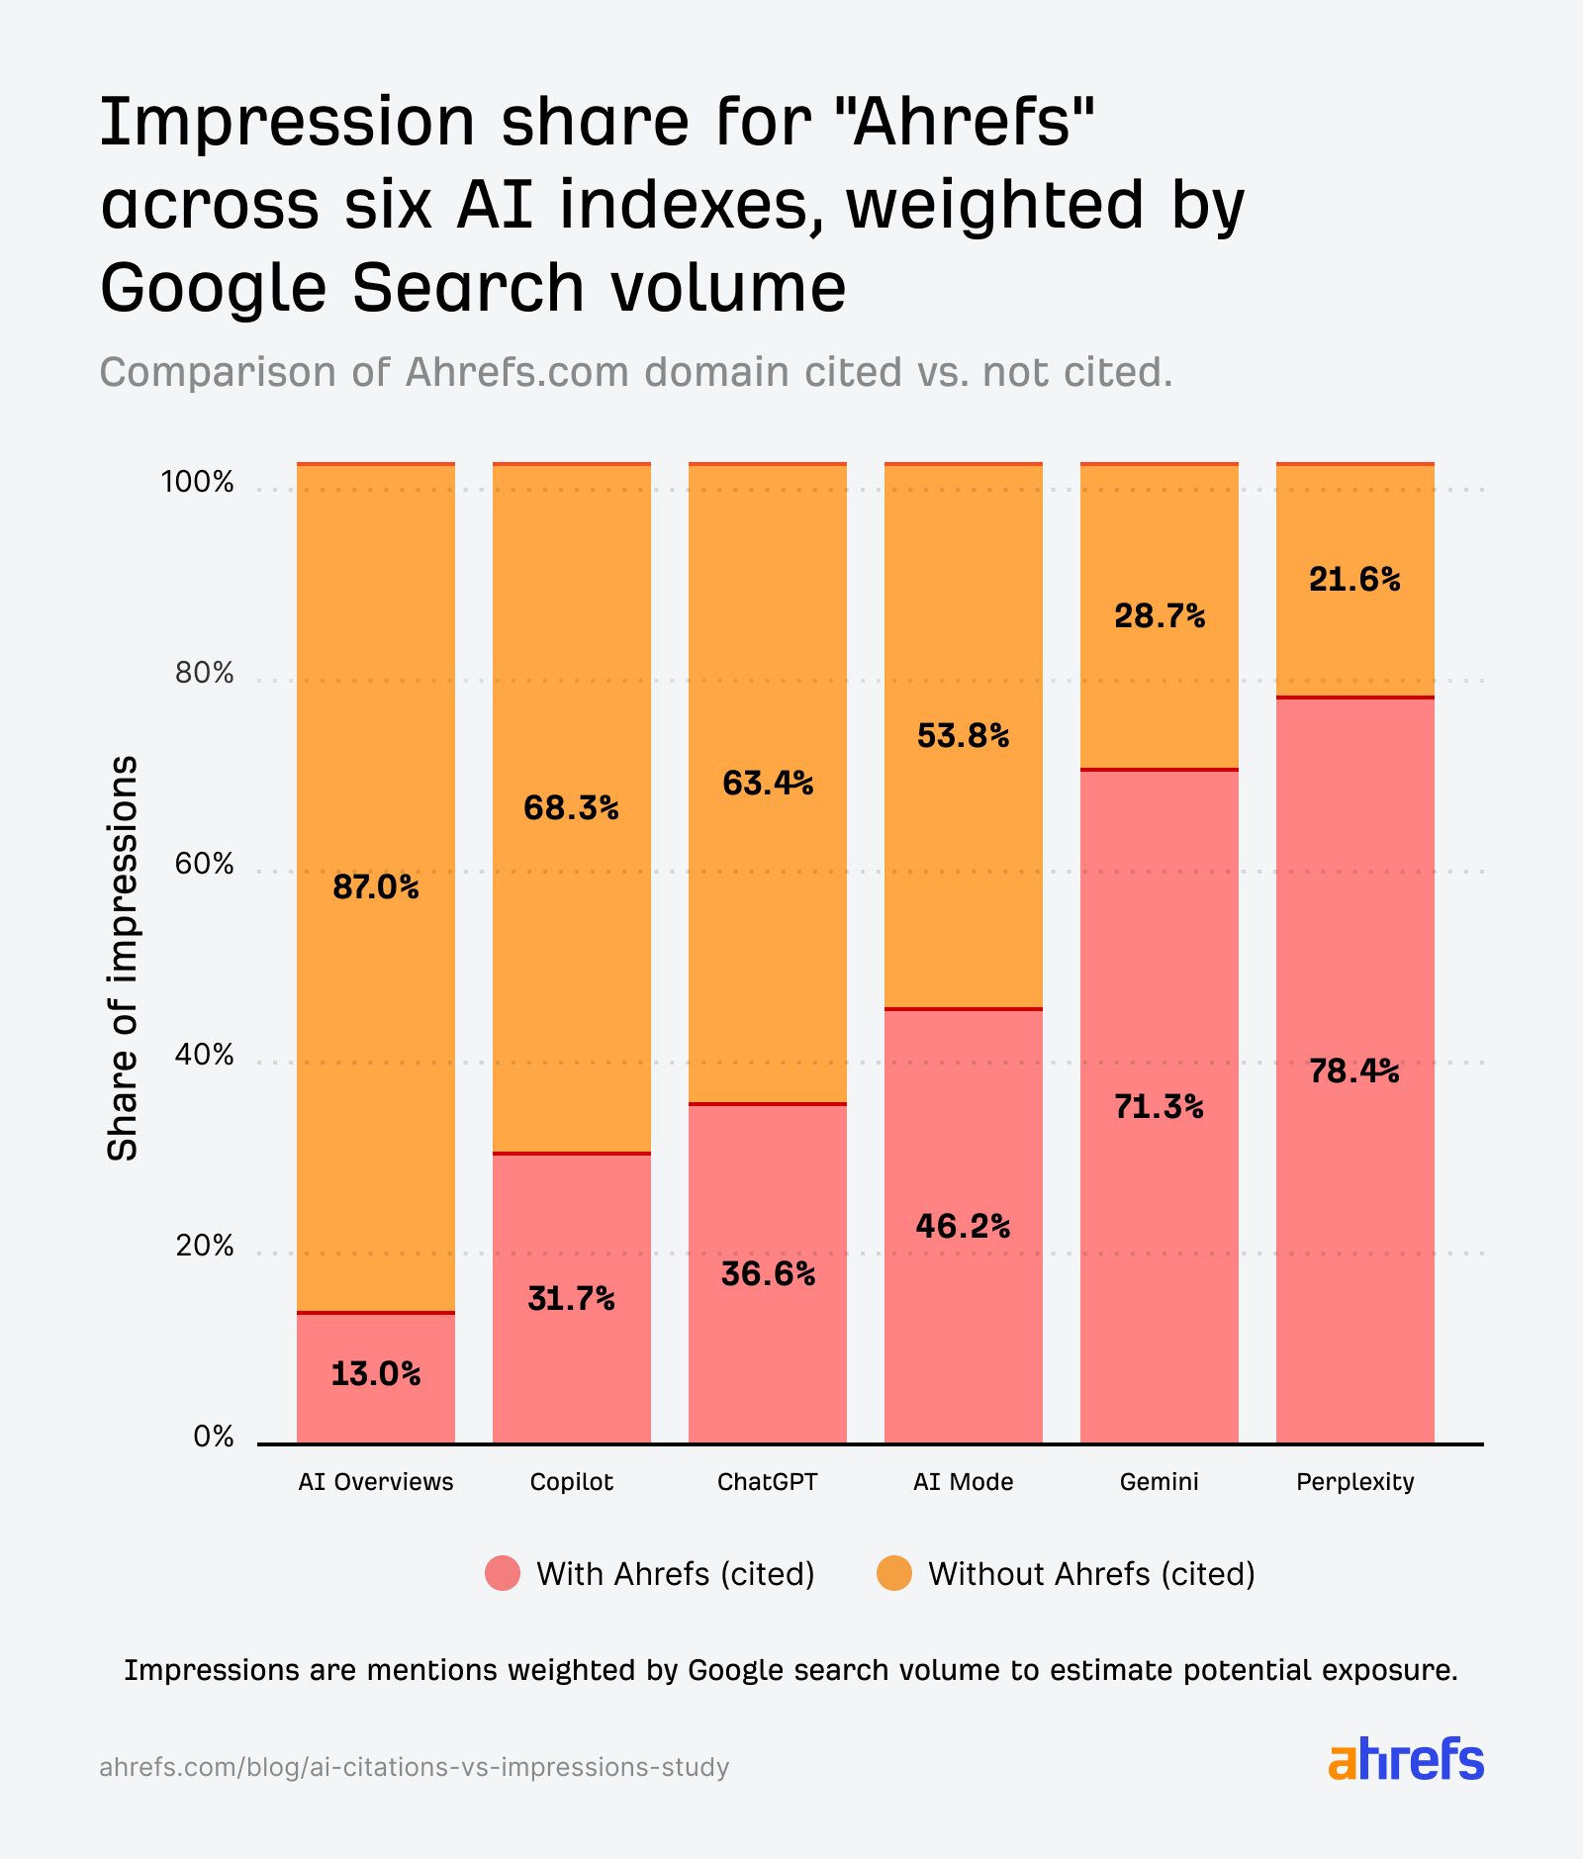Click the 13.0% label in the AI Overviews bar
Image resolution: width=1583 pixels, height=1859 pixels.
click(x=375, y=1373)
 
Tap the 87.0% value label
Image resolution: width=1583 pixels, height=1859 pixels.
click(x=375, y=887)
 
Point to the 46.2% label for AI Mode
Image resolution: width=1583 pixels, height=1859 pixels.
click(x=963, y=1227)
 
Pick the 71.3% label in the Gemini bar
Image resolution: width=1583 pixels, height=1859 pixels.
click(x=1159, y=1106)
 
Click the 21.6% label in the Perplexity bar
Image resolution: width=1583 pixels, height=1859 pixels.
click(x=1354, y=579)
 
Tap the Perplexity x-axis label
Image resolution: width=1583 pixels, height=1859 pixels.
click(x=1354, y=1481)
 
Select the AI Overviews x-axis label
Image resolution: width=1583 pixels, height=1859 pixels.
click(x=375, y=1481)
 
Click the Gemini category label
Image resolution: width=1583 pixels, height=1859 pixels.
click(x=1159, y=1481)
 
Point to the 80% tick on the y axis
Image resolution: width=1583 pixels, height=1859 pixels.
click(x=204, y=674)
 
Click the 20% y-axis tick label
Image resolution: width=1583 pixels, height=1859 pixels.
click(x=204, y=1246)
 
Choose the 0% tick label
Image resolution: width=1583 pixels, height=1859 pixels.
click(x=213, y=1437)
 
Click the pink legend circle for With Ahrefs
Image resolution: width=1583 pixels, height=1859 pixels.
click(x=503, y=1573)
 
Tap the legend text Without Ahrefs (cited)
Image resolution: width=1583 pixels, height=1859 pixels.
click(x=1090, y=1573)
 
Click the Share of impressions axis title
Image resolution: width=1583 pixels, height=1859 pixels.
click(x=123, y=958)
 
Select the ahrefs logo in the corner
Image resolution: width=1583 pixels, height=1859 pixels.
click(x=1405, y=1760)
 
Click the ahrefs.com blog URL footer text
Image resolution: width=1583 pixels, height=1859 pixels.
click(x=414, y=1767)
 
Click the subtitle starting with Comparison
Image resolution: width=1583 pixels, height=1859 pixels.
click(x=635, y=372)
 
